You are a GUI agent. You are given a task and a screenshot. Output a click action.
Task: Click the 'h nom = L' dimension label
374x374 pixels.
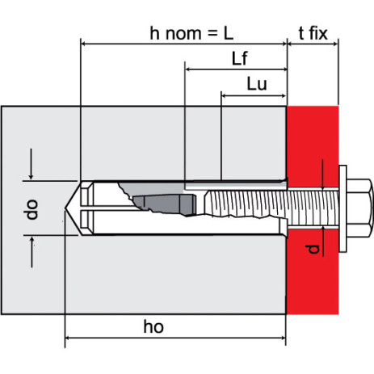191,33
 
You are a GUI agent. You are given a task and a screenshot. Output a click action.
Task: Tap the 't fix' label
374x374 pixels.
313,33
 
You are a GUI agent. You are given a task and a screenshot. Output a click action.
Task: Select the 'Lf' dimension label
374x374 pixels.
239,59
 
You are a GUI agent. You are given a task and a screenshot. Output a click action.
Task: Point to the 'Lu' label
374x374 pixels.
257,84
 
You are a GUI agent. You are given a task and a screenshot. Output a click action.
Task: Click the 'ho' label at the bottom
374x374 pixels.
153,326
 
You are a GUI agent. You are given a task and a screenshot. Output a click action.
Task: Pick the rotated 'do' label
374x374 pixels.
31,209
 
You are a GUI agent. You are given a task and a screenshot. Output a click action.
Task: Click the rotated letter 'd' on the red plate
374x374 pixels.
313,250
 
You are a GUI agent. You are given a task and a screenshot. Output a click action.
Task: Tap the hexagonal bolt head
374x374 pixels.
360,208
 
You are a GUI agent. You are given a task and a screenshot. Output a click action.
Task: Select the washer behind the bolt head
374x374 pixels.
342,208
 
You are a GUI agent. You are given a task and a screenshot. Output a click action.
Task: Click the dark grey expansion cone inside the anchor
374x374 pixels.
164,204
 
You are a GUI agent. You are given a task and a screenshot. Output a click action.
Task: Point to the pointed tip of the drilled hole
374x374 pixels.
65,208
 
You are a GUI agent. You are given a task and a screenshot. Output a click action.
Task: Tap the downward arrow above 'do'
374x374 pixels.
32,164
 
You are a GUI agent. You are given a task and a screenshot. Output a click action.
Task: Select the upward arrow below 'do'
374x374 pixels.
32,252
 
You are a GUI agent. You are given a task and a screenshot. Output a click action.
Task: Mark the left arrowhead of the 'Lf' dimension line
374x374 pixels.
188,69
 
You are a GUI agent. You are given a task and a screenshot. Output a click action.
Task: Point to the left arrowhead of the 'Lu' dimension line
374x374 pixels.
225,95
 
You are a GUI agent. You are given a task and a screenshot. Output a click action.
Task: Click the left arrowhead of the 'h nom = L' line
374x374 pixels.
84,44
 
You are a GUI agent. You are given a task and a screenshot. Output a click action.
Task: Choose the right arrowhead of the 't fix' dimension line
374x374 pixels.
335,44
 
